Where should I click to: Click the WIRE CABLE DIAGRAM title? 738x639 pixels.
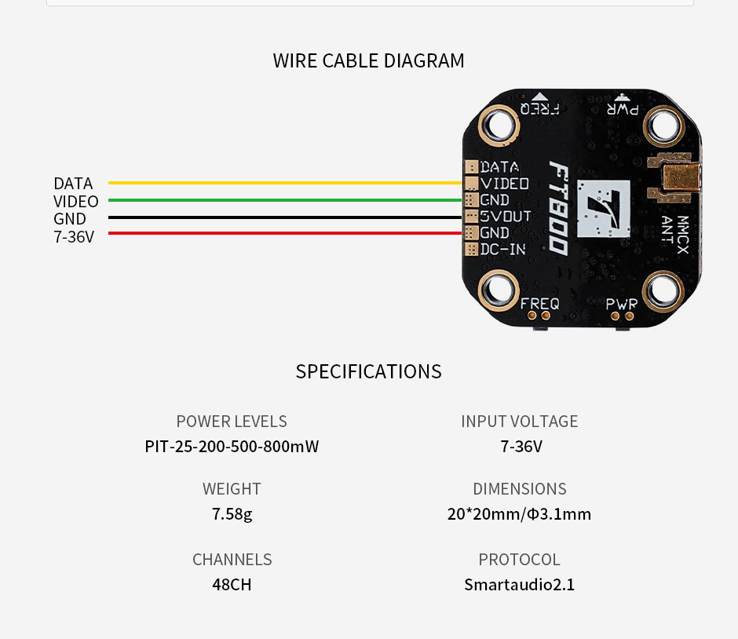tap(368, 60)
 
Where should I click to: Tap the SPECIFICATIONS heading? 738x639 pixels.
tap(368, 371)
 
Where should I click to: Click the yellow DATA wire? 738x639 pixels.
tap(283, 183)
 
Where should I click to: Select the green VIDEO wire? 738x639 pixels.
tap(283, 200)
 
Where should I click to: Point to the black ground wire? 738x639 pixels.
tap(283, 217)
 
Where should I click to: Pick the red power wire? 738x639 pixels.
tap(283, 233)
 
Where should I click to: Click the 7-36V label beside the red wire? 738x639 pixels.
tap(74, 236)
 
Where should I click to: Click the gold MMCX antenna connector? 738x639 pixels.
tap(676, 180)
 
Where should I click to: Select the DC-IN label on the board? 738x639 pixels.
tap(502, 250)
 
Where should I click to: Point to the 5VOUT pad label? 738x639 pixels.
tap(506, 216)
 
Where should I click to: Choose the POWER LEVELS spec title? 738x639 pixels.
tap(232, 422)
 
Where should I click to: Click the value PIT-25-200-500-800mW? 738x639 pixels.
tap(232, 447)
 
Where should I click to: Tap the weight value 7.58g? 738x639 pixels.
tap(232, 514)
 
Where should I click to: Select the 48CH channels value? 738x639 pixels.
tap(232, 585)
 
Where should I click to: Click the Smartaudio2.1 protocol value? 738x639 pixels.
tap(519, 585)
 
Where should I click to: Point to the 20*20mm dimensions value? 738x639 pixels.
tap(519, 514)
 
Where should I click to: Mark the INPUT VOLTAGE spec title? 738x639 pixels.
tap(519, 422)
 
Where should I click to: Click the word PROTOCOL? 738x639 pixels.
tap(519, 560)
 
